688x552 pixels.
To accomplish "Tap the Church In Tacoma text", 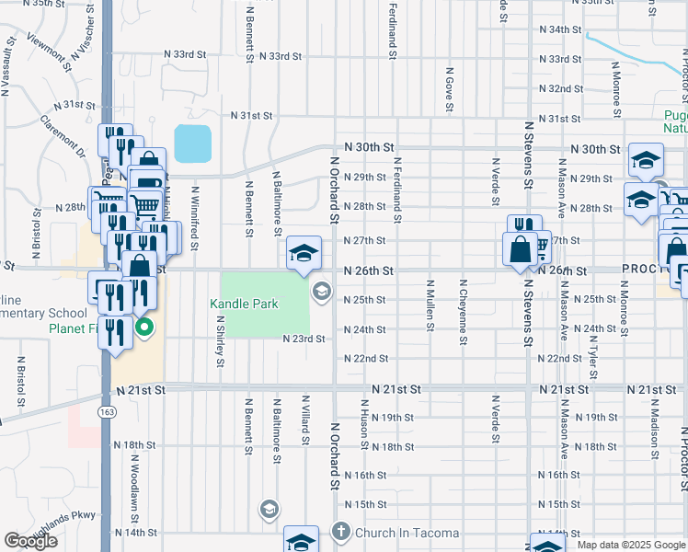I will click(400, 532).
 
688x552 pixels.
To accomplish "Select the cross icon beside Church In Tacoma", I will click(340, 532).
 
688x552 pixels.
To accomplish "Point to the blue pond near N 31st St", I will click(192, 143).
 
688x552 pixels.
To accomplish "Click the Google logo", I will click(30, 541).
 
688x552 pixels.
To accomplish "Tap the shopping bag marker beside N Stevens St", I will click(520, 249).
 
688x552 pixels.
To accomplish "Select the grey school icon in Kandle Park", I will click(321, 293).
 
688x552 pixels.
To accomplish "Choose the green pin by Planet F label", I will click(143, 328).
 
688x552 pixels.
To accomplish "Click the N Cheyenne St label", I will click(463, 314).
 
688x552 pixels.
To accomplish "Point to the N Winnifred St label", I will click(195, 219).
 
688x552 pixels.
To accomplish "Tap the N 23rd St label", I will click(306, 339).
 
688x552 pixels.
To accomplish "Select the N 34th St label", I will click(560, 29).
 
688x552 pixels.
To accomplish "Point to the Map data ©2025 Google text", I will click(630, 545).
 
